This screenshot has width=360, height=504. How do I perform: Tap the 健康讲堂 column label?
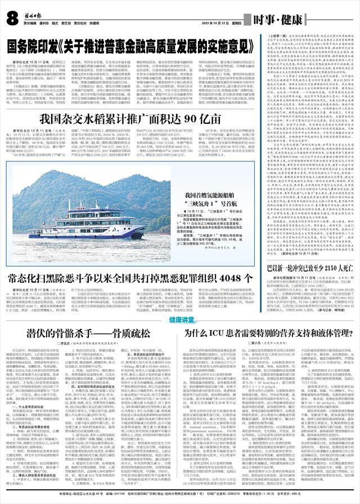(x=179, y=319)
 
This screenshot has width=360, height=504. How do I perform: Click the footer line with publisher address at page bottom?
(x=180, y=494)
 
